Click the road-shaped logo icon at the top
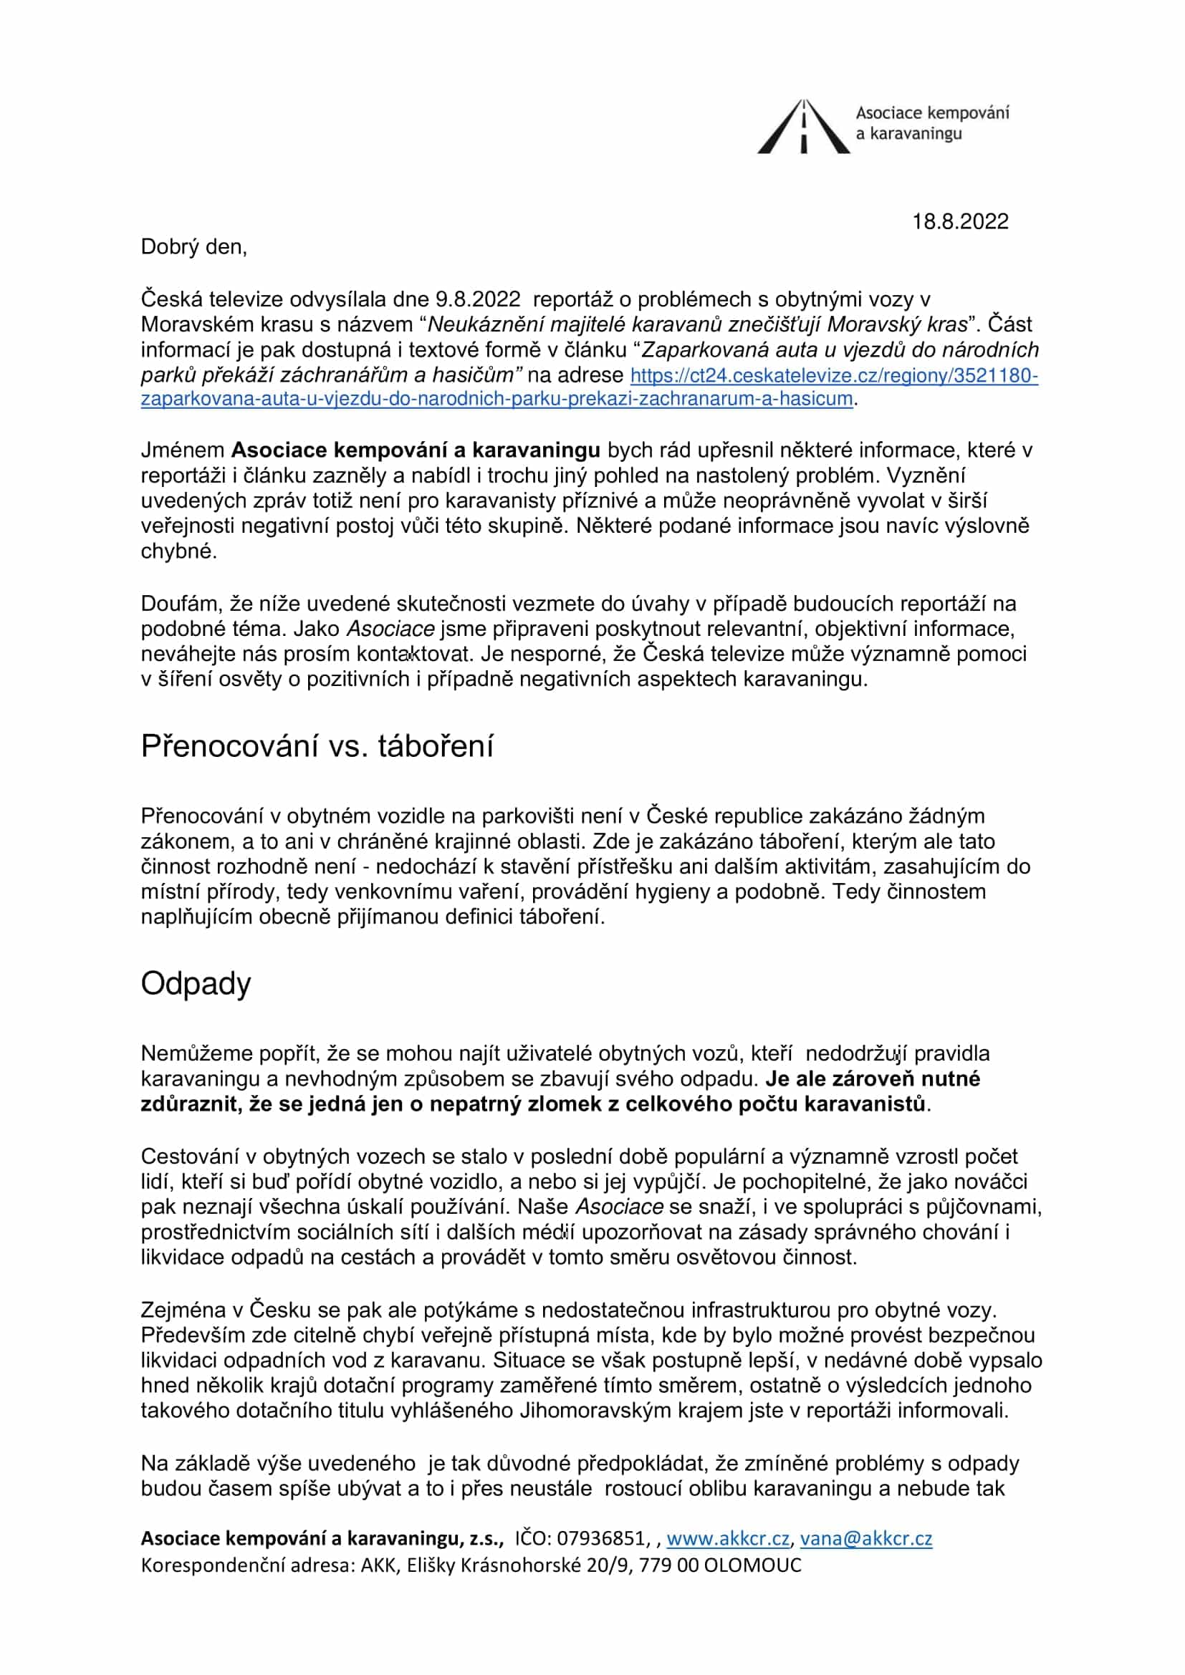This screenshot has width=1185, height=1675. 803,127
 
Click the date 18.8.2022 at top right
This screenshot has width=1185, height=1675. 959,222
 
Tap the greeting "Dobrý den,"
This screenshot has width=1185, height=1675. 194,247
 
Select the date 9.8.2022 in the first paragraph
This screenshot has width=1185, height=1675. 478,299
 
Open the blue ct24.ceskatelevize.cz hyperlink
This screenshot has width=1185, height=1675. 833,376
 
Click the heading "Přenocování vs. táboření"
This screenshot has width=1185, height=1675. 317,746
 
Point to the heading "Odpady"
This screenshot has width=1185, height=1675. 196,983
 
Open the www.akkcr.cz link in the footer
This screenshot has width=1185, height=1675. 727,1538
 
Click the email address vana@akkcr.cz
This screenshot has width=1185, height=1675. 865,1538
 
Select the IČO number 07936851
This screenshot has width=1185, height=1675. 601,1538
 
